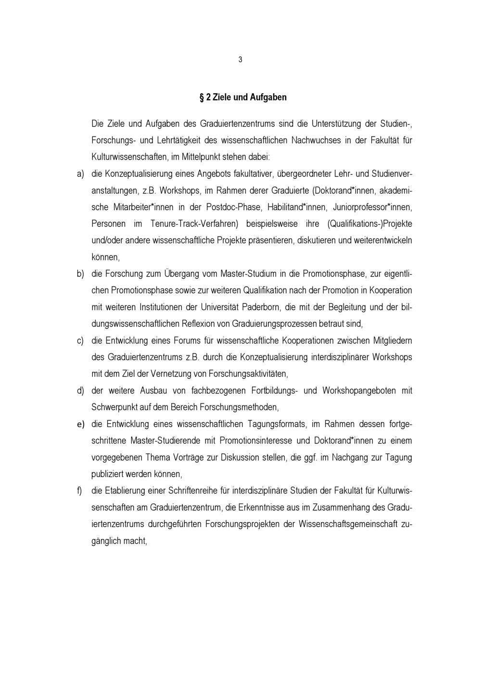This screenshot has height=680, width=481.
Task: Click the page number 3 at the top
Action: click(240, 60)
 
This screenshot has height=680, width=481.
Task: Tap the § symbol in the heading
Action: click(202, 97)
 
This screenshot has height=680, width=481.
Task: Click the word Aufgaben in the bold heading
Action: click(268, 97)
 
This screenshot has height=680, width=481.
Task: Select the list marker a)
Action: click(81, 173)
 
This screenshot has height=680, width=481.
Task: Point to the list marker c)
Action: click(81, 341)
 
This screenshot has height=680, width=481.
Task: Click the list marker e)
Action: click(81, 424)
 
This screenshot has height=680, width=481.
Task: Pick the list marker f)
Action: click(80, 491)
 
